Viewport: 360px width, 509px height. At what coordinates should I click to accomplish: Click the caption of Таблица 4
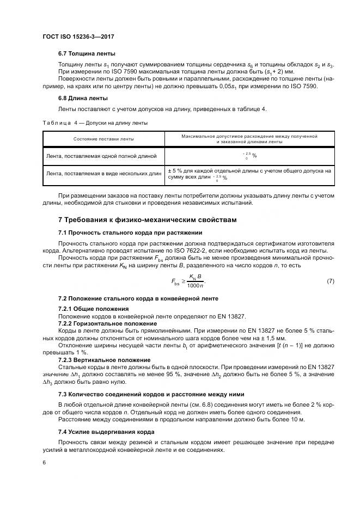click(95, 123)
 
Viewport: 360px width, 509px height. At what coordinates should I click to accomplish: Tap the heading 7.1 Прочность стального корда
click(130, 233)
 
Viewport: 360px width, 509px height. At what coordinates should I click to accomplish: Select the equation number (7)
click(330, 281)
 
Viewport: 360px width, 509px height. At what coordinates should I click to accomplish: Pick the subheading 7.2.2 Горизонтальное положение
click(105, 323)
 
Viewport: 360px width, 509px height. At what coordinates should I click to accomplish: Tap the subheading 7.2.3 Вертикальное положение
click(104, 360)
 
